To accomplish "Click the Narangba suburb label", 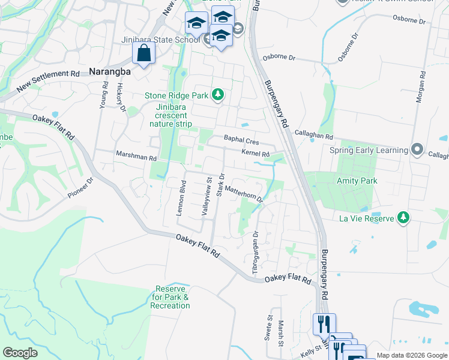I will [110, 71].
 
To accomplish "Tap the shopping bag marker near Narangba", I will [144, 53].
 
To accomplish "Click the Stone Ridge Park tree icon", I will [218, 95].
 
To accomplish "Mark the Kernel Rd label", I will [255, 154].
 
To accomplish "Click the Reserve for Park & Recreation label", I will [170, 297].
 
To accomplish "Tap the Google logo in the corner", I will [20, 353].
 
